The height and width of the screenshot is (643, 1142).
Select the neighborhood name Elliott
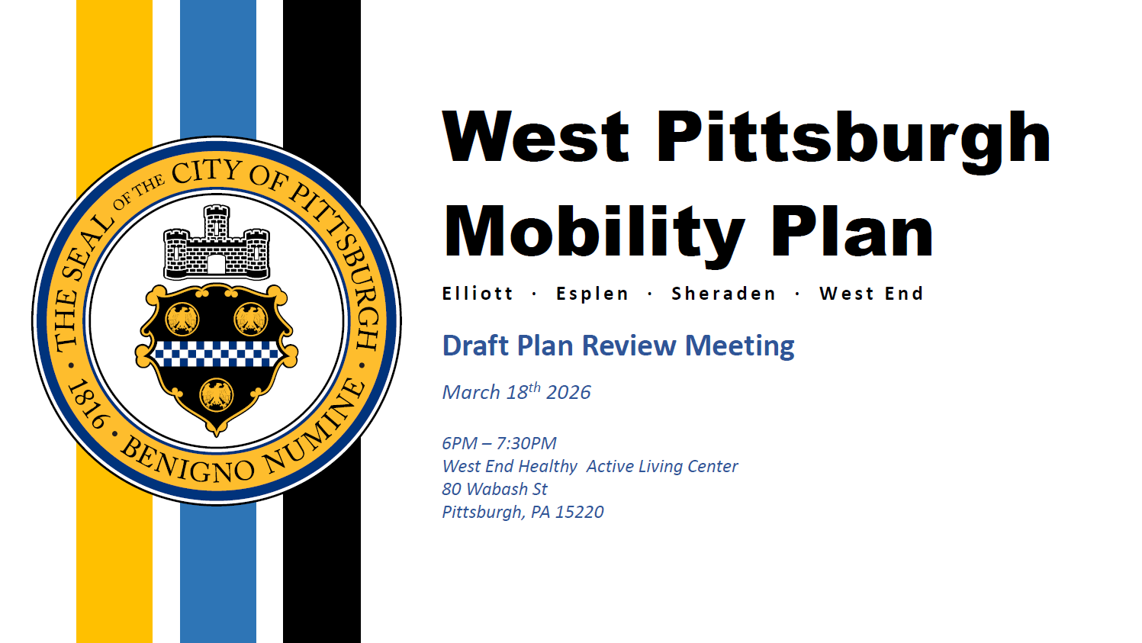[x=478, y=294]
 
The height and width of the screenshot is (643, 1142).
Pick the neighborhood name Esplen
[x=592, y=294]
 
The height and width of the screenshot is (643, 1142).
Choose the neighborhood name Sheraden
[x=723, y=294]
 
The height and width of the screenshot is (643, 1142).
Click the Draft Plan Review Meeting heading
[x=618, y=346]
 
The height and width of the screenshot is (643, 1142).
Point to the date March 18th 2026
[x=516, y=391]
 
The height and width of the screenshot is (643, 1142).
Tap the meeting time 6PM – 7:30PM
[x=499, y=443]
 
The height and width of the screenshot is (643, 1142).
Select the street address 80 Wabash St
[x=494, y=489]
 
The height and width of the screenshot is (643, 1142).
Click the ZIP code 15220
[x=579, y=512]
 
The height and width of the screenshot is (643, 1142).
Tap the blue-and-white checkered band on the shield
[x=216, y=354]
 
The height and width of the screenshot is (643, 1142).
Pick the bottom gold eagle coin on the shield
[x=216, y=395]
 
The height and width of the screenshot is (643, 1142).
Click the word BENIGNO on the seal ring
[x=186, y=461]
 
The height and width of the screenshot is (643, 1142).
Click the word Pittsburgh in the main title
[x=854, y=141]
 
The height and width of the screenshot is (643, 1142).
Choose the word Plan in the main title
[x=852, y=233]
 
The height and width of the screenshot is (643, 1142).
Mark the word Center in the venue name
[x=713, y=466]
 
